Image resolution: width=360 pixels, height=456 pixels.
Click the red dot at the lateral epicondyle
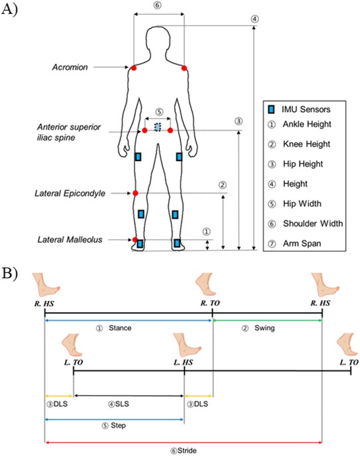click(135, 193)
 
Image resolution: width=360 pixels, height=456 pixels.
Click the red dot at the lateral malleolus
click(135, 240)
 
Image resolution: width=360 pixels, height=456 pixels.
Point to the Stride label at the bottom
click(180, 450)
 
